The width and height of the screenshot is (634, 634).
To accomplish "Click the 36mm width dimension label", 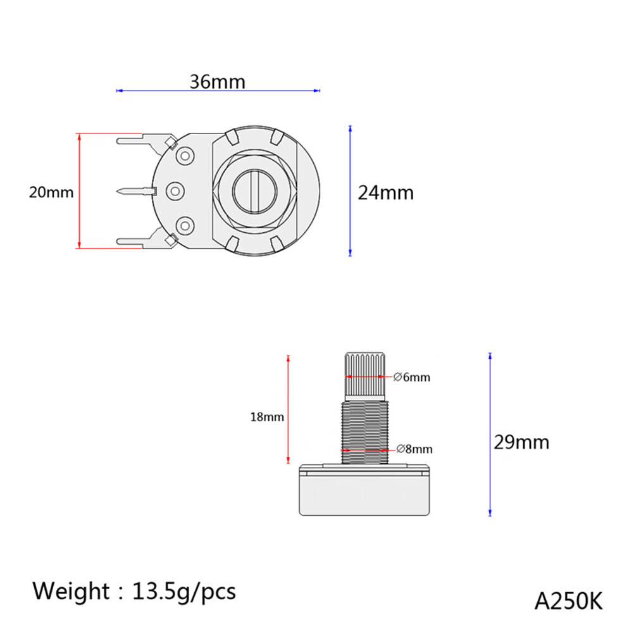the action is (x=218, y=82).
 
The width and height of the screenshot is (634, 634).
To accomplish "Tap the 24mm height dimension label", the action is (x=386, y=193).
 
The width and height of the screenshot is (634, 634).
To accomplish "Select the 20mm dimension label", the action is (x=51, y=192).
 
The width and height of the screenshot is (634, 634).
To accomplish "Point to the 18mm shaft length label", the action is (x=267, y=417).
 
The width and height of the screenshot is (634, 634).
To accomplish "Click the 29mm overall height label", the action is (x=521, y=442).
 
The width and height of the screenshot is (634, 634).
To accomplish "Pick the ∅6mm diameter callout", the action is (x=412, y=377).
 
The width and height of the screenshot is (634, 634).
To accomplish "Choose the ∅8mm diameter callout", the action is (x=414, y=449).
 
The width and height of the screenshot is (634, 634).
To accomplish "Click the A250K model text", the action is (x=568, y=601).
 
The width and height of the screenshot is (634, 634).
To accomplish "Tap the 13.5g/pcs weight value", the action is (x=184, y=592).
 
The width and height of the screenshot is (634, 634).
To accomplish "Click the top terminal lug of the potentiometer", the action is (x=147, y=142).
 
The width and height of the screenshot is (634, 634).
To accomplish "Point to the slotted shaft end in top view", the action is (x=255, y=191).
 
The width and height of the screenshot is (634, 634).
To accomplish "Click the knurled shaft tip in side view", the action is (x=364, y=375).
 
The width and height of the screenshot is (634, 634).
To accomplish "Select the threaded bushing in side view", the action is (x=364, y=432).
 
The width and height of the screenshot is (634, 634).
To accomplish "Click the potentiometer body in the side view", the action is (x=364, y=490).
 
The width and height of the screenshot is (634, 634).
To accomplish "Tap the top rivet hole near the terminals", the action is (x=185, y=156).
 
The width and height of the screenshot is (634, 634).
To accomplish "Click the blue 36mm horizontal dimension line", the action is (x=218, y=90).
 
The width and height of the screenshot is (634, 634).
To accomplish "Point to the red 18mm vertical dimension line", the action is (x=289, y=409).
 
